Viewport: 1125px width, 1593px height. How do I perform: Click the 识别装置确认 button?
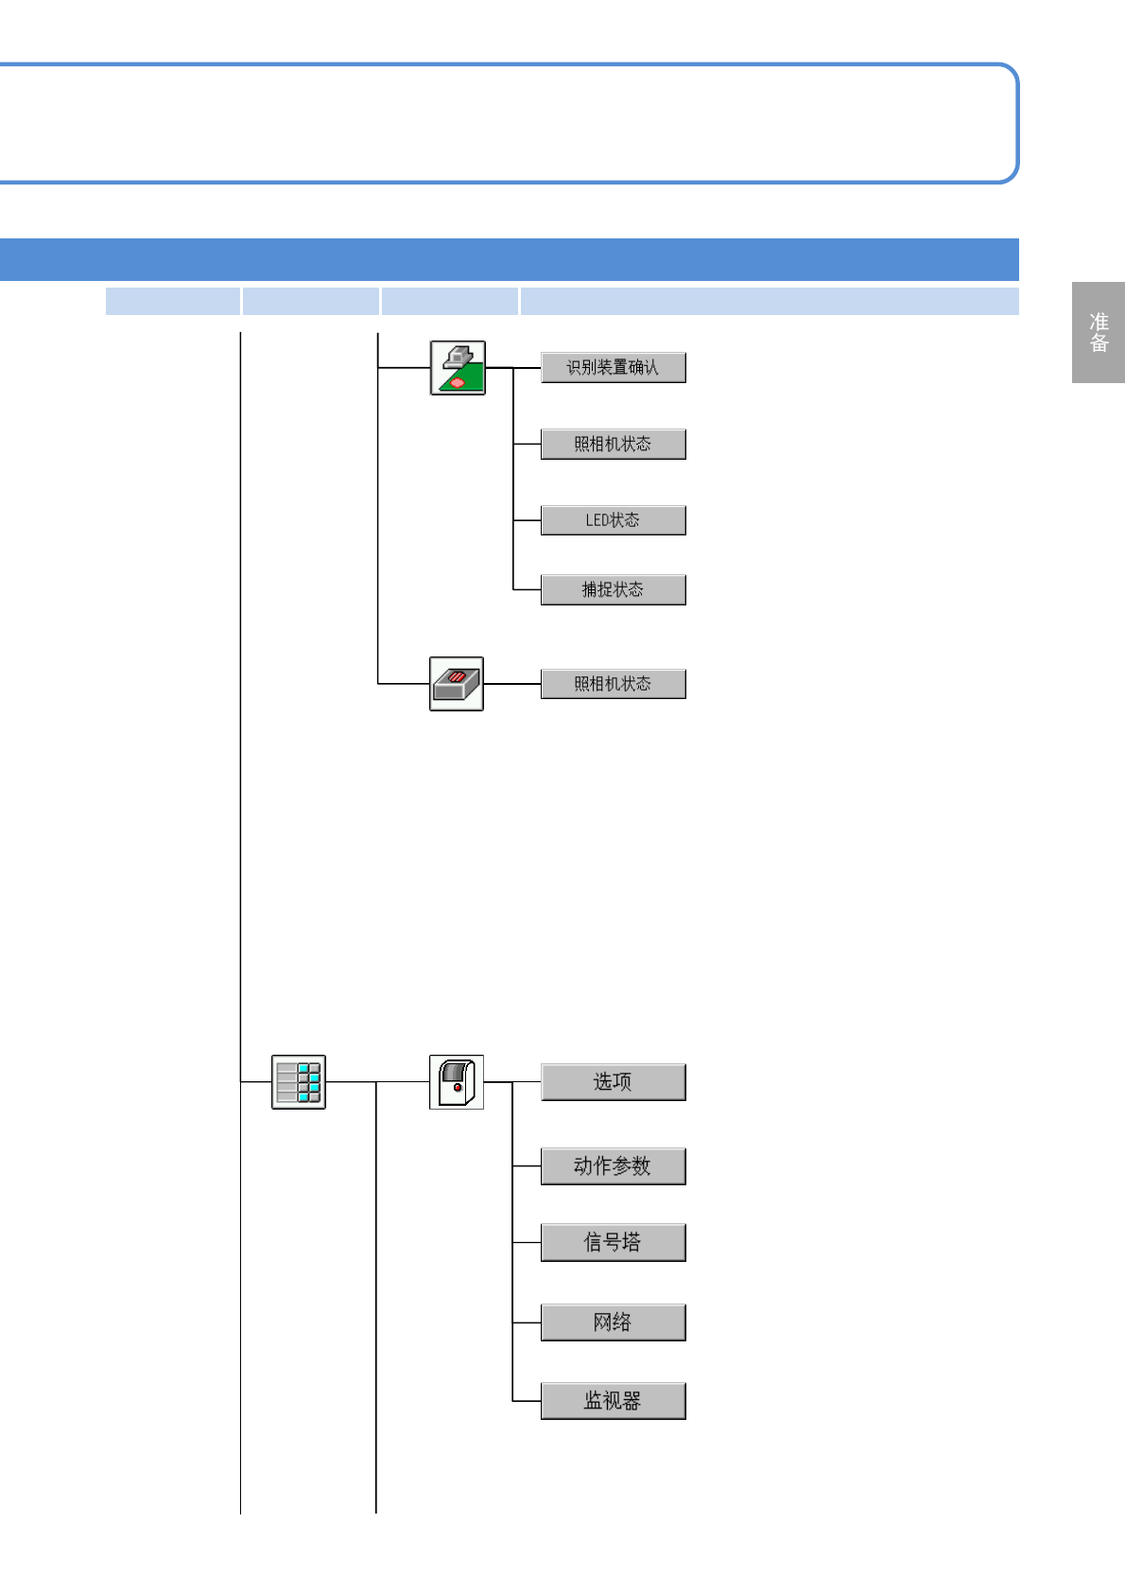[613, 367]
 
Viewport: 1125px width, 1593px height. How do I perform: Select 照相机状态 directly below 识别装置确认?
[613, 444]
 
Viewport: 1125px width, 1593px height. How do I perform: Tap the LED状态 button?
[613, 520]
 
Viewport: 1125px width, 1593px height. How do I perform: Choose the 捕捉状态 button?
[613, 589]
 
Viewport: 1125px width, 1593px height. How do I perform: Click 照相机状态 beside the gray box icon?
[613, 683]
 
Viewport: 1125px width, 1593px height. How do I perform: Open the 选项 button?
[613, 1081]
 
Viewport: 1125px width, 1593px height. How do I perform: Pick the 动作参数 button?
[613, 1165]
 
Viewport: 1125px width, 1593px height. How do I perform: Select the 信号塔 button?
[613, 1242]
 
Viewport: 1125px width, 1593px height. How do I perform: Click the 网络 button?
[613, 1322]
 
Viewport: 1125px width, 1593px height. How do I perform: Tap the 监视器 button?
[613, 1400]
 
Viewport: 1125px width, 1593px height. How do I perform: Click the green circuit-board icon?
[458, 368]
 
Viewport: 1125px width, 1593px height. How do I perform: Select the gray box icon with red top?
[457, 683]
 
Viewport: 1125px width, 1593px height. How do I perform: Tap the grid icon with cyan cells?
[299, 1081]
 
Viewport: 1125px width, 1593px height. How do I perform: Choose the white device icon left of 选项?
[457, 1081]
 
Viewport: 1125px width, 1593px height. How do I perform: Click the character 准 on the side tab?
[1099, 322]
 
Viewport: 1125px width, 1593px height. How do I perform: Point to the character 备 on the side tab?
[1099, 343]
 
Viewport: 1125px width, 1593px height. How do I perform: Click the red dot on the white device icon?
[458, 1088]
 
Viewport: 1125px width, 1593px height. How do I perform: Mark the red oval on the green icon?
[459, 382]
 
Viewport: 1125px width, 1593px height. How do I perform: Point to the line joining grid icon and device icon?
[377, 1081]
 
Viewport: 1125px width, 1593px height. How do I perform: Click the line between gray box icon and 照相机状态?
[511, 683]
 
